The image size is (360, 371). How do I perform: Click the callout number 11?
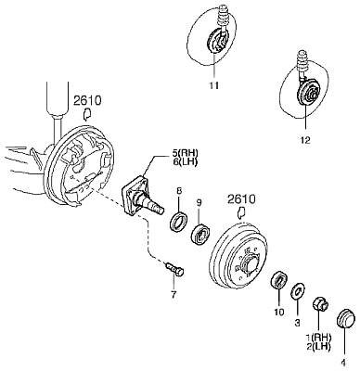(x=213, y=85)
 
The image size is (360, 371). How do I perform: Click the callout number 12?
(x=304, y=140)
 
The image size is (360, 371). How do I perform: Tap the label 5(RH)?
(x=186, y=153)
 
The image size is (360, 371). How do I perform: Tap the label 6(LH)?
(x=186, y=161)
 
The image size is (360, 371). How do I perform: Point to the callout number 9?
(x=199, y=203)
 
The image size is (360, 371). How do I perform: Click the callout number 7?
(x=174, y=295)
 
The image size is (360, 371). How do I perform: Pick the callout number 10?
(x=279, y=312)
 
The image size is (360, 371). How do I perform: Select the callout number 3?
(x=297, y=323)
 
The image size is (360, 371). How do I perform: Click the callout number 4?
(x=344, y=362)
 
